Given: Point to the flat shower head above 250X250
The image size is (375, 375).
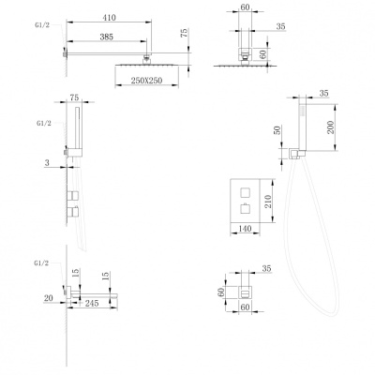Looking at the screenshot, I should click(147, 65).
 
